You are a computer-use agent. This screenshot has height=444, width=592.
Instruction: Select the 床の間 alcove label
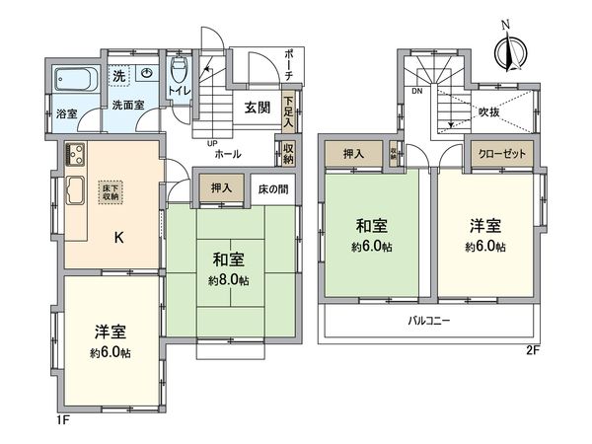[273, 187]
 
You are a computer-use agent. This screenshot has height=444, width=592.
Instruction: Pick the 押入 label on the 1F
[222, 187]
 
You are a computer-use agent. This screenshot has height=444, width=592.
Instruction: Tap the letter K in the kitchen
[117, 237]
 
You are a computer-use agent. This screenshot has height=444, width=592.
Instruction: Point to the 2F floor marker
[532, 350]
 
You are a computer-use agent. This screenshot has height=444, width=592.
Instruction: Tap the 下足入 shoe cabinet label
[287, 105]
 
